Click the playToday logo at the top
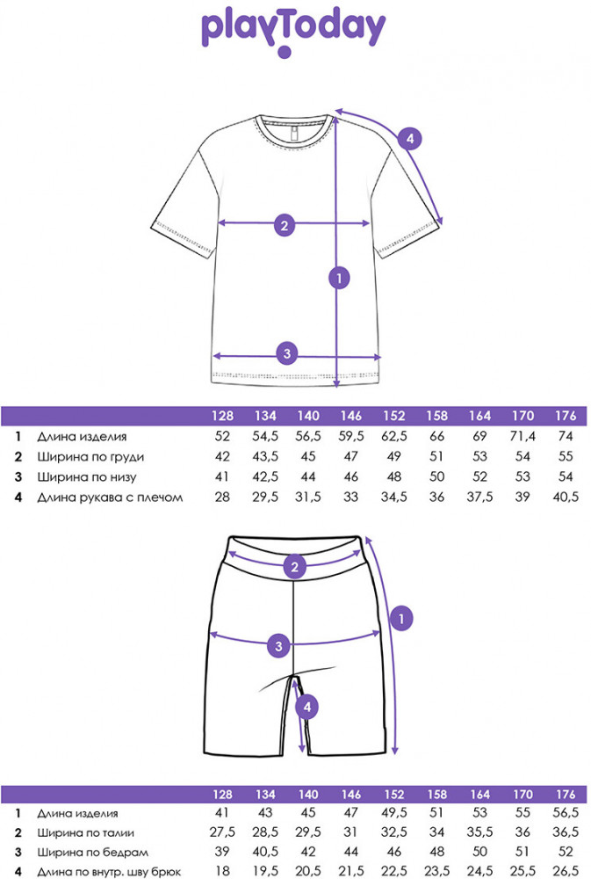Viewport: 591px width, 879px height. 293,31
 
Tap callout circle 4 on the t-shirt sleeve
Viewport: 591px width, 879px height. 410,139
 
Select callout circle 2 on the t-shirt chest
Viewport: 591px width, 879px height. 285,225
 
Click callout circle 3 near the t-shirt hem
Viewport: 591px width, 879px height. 287,353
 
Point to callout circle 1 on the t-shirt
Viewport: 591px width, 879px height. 339,278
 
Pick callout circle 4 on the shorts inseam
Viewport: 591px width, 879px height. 307,707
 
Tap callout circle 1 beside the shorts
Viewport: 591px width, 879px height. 401,619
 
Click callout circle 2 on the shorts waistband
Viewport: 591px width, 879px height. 295,567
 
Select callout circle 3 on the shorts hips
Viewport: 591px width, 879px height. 279,646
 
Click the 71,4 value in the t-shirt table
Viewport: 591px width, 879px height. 523,436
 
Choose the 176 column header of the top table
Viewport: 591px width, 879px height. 566,416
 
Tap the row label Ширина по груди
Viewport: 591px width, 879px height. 90,457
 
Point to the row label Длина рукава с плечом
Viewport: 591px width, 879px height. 110,498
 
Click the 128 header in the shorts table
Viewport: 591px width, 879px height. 222,795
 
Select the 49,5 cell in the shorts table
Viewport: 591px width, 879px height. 394,813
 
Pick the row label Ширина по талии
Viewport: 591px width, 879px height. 86,833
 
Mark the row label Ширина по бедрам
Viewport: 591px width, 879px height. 92,853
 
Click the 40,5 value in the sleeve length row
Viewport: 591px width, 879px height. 566,497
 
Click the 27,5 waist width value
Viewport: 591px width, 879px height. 222,832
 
